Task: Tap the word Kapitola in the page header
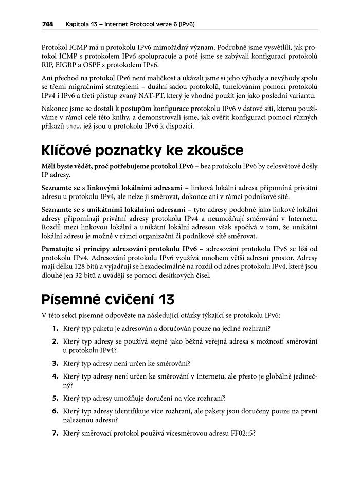(79, 24)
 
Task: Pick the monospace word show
(75, 128)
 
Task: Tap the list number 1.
(55, 328)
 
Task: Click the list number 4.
(55, 376)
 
